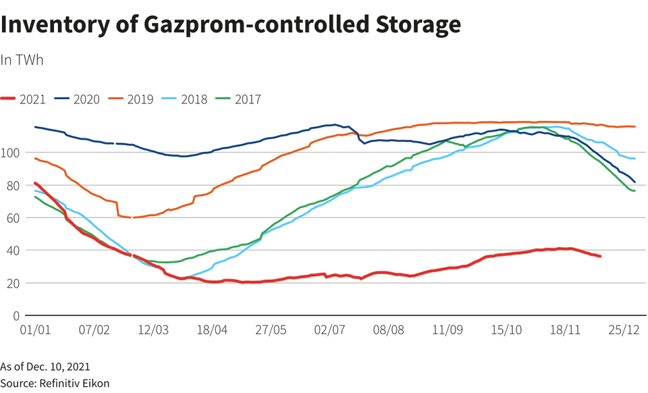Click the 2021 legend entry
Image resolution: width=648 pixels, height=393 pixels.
click(24, 99)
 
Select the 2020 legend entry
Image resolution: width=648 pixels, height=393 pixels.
click(78, 99)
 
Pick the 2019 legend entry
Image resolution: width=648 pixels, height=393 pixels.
click(132, 99)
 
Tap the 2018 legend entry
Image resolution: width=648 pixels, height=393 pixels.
click(186, 99)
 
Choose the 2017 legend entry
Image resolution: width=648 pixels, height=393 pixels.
click(239, 99)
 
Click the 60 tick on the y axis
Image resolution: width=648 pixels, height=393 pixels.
click(10, 217)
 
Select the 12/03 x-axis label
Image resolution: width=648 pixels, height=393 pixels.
click(153, 331)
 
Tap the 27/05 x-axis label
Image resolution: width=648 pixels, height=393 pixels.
click(271, 331)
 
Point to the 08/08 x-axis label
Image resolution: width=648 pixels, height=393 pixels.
click(388, 331)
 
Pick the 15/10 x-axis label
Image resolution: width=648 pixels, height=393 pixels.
click(506, 331)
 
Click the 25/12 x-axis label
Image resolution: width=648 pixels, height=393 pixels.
click(624, 331)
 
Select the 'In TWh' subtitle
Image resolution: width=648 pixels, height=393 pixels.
click(22, 59)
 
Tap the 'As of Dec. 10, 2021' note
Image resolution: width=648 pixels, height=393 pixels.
click(45, 367)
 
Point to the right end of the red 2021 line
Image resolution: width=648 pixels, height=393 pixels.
click(600, 257)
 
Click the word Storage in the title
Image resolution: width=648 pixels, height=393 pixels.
click(418, 25)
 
